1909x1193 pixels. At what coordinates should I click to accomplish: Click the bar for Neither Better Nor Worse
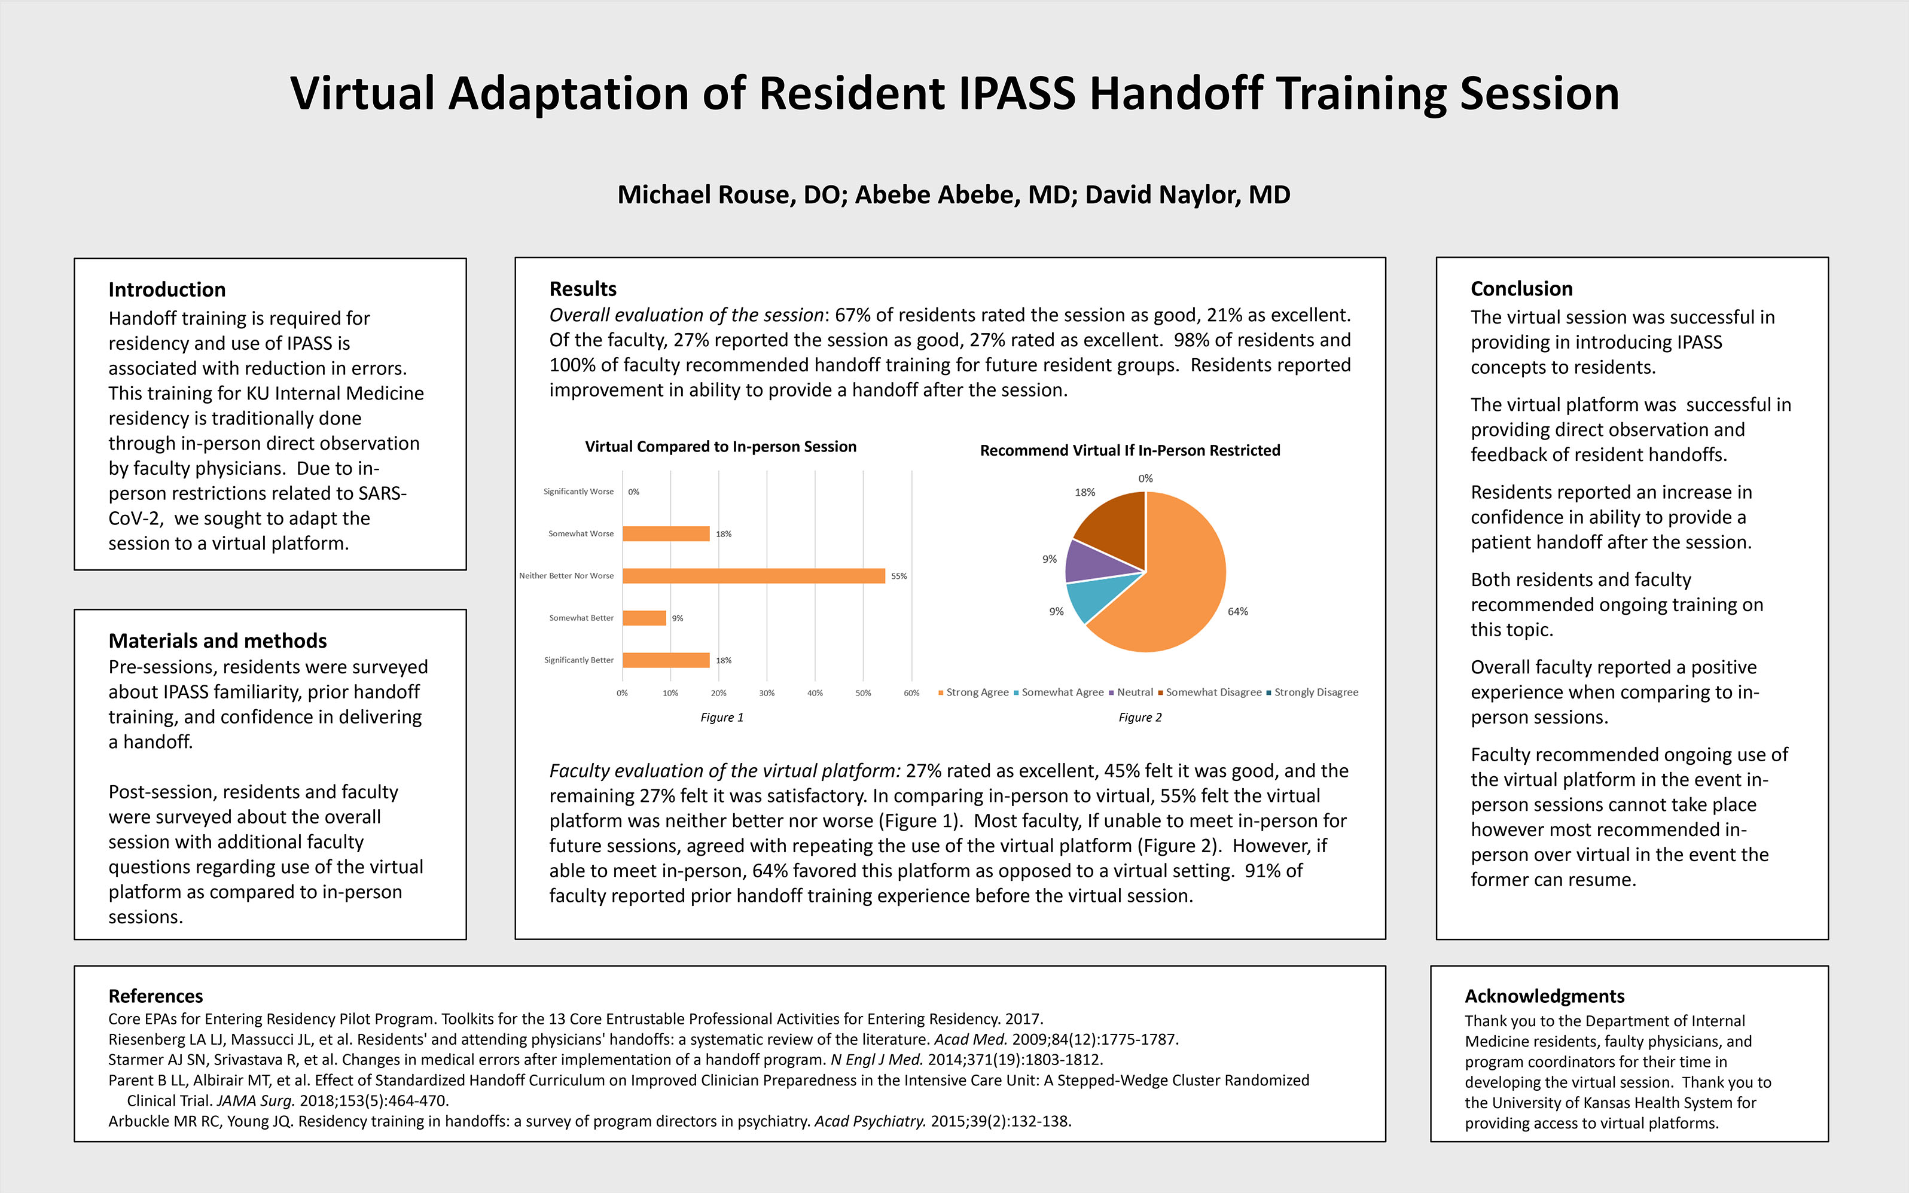tap(754, 576)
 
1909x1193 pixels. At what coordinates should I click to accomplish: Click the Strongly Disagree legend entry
tap(1313, 692)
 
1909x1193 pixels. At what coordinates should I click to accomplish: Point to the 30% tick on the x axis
tap(767, 692)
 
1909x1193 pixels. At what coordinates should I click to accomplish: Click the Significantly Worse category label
tap(578, 492)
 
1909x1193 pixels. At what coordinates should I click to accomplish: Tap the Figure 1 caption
tap(722, 717)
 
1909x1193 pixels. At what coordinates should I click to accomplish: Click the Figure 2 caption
tap(1140, 717)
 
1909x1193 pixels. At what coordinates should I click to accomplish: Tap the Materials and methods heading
tap(218, 640)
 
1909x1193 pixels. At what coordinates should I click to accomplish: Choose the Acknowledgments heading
tap(1545, 996)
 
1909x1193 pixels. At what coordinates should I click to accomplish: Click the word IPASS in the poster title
tap(1018, 93)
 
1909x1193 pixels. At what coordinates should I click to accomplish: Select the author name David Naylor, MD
tap(1188, 195)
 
